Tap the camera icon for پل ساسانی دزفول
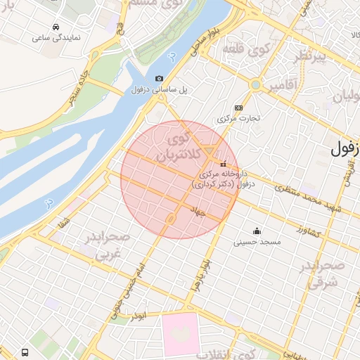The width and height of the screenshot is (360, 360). click(160, 79)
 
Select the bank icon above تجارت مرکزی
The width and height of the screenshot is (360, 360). click(238, 108)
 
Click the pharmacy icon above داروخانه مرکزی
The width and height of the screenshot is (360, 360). click(224, 164)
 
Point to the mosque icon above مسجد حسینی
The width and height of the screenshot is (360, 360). click(257, 231)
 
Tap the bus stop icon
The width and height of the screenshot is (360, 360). click(25, 352)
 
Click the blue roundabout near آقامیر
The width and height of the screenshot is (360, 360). click(256, 85)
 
